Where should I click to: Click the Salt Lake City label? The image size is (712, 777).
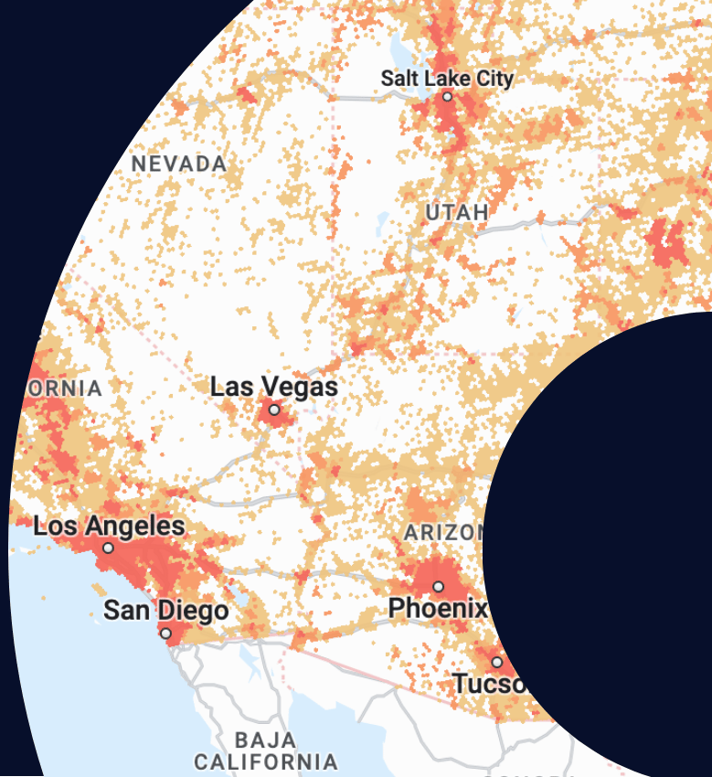coord(447,78)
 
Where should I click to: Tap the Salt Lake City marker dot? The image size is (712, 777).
coord(447,96)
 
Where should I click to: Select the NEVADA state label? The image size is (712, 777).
coord(179,164)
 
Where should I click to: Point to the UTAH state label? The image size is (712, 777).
coord(456,213)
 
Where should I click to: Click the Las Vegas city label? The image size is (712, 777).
coord(273,387)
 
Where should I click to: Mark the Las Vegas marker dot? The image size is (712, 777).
coord(273,410)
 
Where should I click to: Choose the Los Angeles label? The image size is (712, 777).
coord(109,527)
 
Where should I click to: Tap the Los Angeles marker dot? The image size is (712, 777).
coord(109,548)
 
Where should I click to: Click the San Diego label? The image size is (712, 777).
coord(165,610)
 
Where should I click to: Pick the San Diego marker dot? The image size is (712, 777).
coord(165,633)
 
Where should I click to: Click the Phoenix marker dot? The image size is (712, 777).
coord(438,587)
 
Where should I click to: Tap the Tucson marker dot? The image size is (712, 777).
coord(497,662)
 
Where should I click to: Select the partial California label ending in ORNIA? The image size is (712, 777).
coord(64,388)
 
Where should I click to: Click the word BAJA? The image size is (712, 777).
coord(265,739)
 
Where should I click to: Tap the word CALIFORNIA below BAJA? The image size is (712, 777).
coord(265,761)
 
